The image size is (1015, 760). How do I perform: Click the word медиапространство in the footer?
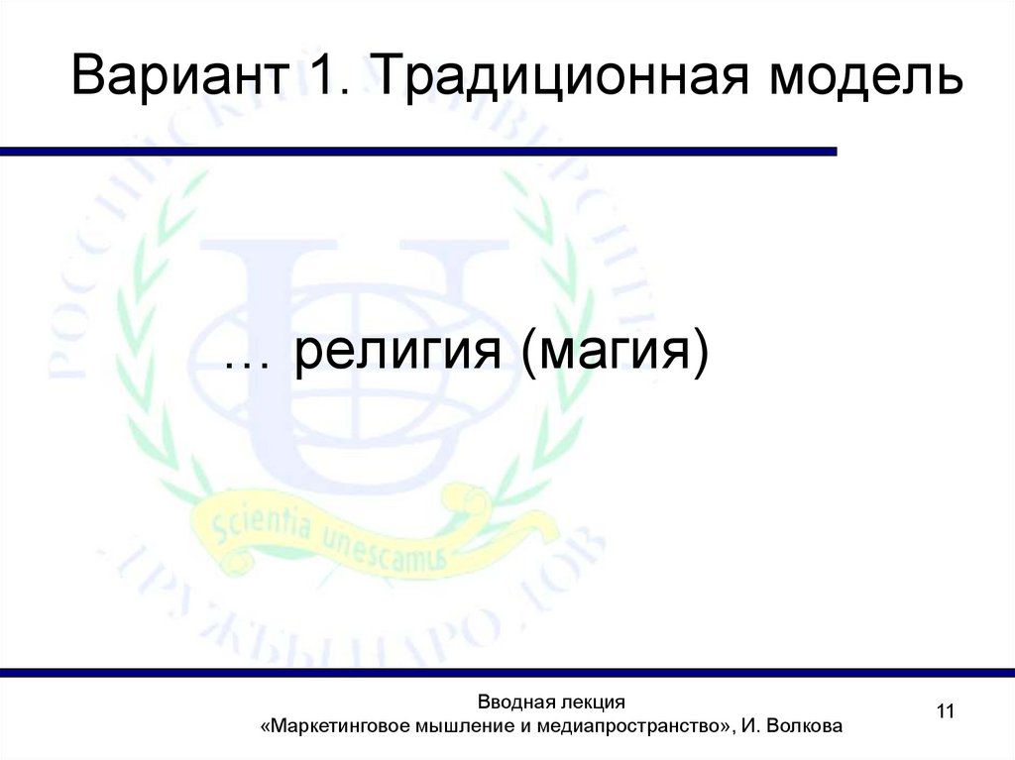pyautogui.click(x=620, y=727)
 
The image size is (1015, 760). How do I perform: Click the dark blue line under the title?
pyautogui.click(x=416, y=152)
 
